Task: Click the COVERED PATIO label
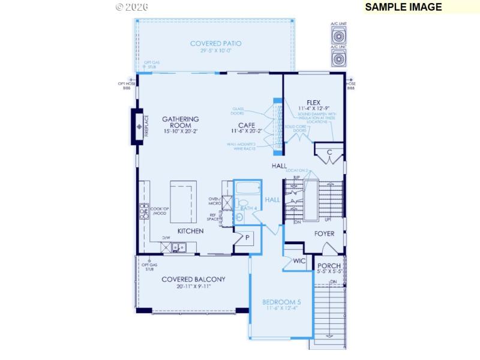tap(215, 44)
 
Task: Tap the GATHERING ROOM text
tap(180, 123)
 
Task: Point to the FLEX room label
tap(314, 103)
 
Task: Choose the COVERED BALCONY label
tap(193, 279)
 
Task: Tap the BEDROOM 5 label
tap(282, 302)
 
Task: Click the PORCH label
tap(329, 266)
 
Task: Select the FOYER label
tap(324, 233)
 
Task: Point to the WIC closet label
tap(300, 261)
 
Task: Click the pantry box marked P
tap(247, 238)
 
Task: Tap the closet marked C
tap(329, 153)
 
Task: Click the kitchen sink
tap(178, 247)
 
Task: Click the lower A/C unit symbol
tap(338, 58)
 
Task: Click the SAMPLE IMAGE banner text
tap(403, 7)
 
